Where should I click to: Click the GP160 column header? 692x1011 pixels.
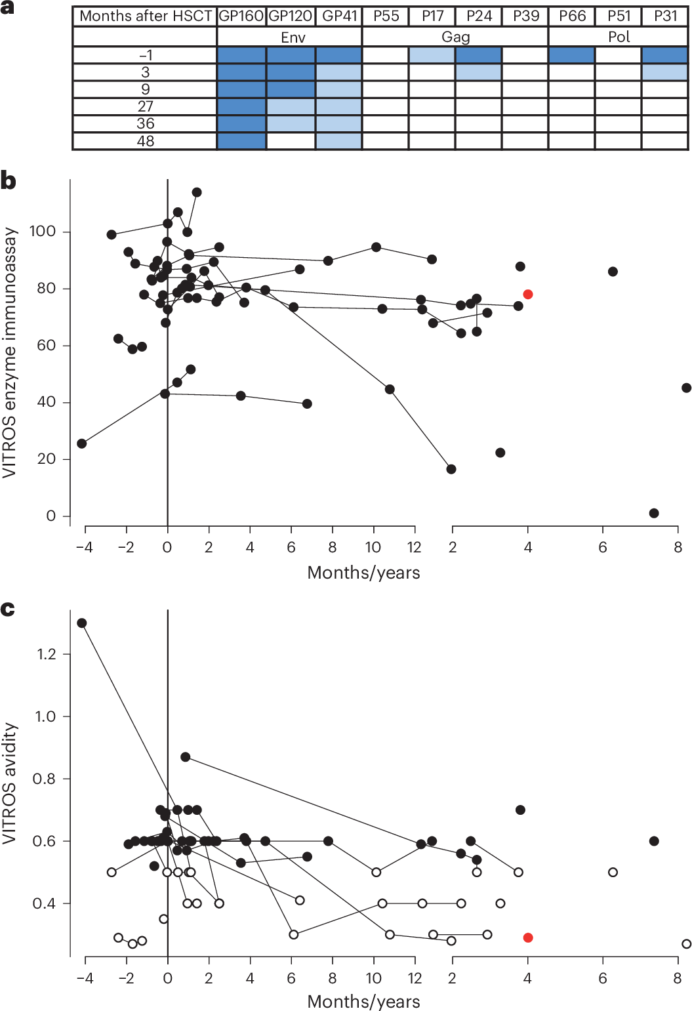[x=241, y=16]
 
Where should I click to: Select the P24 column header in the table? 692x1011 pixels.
[x=479, y=16]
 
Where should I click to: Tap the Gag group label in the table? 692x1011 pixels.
[x=455, y=37]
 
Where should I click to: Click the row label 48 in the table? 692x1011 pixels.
[x=145, y=141]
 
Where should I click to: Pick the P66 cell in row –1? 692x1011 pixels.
[x=571, y=55]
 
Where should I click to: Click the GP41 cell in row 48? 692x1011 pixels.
[x=338, y=141]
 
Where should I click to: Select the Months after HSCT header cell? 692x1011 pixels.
[x=145, y=16]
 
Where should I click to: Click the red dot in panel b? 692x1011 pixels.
[x=528, y=295]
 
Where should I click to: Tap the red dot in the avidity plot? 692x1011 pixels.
[x=528, y=938]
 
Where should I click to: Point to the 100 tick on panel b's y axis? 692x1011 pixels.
[x=43, y=232]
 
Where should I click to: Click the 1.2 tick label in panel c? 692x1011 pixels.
[x=45, y=654]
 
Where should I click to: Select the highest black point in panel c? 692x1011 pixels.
[x=82, y=623]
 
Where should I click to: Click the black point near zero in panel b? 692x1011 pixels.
[x=654, y=513]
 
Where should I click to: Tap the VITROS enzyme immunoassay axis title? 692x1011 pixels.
[x=10, y=353]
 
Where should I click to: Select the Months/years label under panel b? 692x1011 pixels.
[x=363, y=573]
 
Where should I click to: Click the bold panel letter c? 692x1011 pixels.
[x=8, y=609]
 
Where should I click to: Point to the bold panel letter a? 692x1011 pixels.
[x=8, y=9]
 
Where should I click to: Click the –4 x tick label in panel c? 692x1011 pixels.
[x=85, y=978]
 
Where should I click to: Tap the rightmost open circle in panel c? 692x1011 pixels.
[x=686, y=944]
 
